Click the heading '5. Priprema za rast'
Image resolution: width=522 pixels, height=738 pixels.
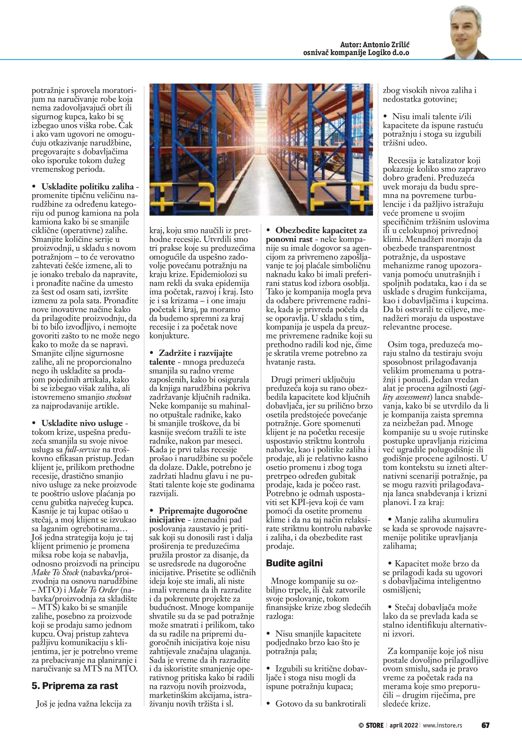tap(74, 685)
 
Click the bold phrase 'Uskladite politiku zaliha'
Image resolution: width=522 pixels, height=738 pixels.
tap(87, 186)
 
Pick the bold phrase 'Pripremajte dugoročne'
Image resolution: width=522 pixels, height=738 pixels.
tap(203, 511)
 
